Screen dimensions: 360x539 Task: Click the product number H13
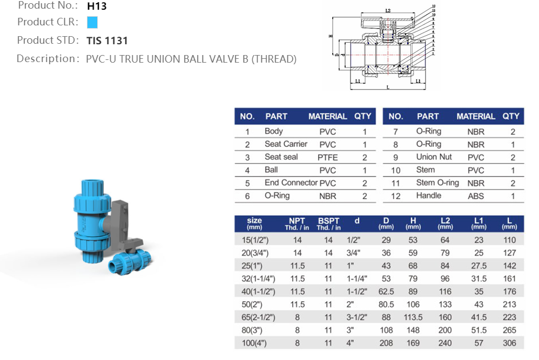97,7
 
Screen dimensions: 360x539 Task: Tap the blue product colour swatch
92,23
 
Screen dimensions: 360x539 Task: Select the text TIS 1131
107,41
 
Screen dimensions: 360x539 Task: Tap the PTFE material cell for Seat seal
327,158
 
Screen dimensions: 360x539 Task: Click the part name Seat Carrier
286,144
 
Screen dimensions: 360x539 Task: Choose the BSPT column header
329,223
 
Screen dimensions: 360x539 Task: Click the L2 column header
445,223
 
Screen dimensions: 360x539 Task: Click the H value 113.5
413,317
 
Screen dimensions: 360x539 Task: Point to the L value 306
509,343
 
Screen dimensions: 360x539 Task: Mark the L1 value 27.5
479,266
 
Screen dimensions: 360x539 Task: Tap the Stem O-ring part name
437,183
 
